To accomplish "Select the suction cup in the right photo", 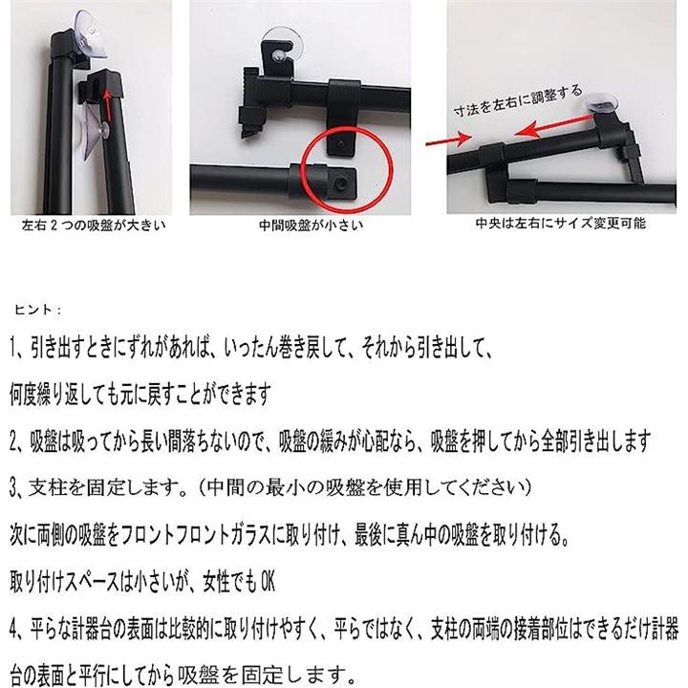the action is tap(603, 103).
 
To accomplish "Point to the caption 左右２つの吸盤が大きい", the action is tap(95, 226).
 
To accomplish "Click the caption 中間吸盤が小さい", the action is tap(312, 226).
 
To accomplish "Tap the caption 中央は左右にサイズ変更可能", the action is tap(561, 224).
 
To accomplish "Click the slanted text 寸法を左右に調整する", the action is tap(518, 101).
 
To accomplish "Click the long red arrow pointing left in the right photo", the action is tap(555, 125).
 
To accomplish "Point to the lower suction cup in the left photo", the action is tap(96, 132).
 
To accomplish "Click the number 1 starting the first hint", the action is tap(13, 349).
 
